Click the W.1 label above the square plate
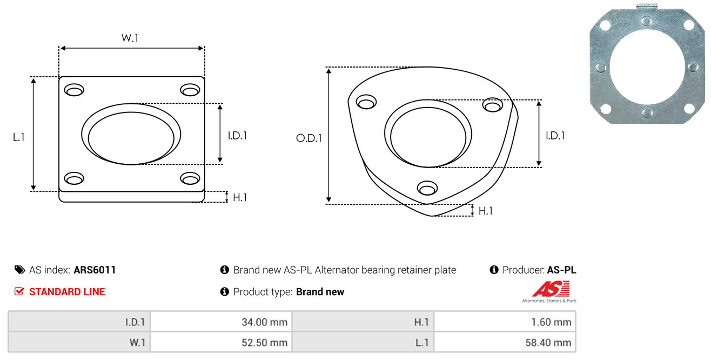(x=130, y=38)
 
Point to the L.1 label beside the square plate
(x=19, y=137)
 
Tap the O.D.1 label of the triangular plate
(x=309, y=138)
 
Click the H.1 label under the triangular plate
(x=485, y=211)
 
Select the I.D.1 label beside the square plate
(x=237, y=136)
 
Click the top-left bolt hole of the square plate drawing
(x=74, y=90)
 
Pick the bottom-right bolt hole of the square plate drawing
(x=190, y=178)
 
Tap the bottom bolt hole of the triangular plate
(x=427, y=188)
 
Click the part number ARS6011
(x=95, y=270)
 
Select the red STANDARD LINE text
(x=67, y=292)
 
